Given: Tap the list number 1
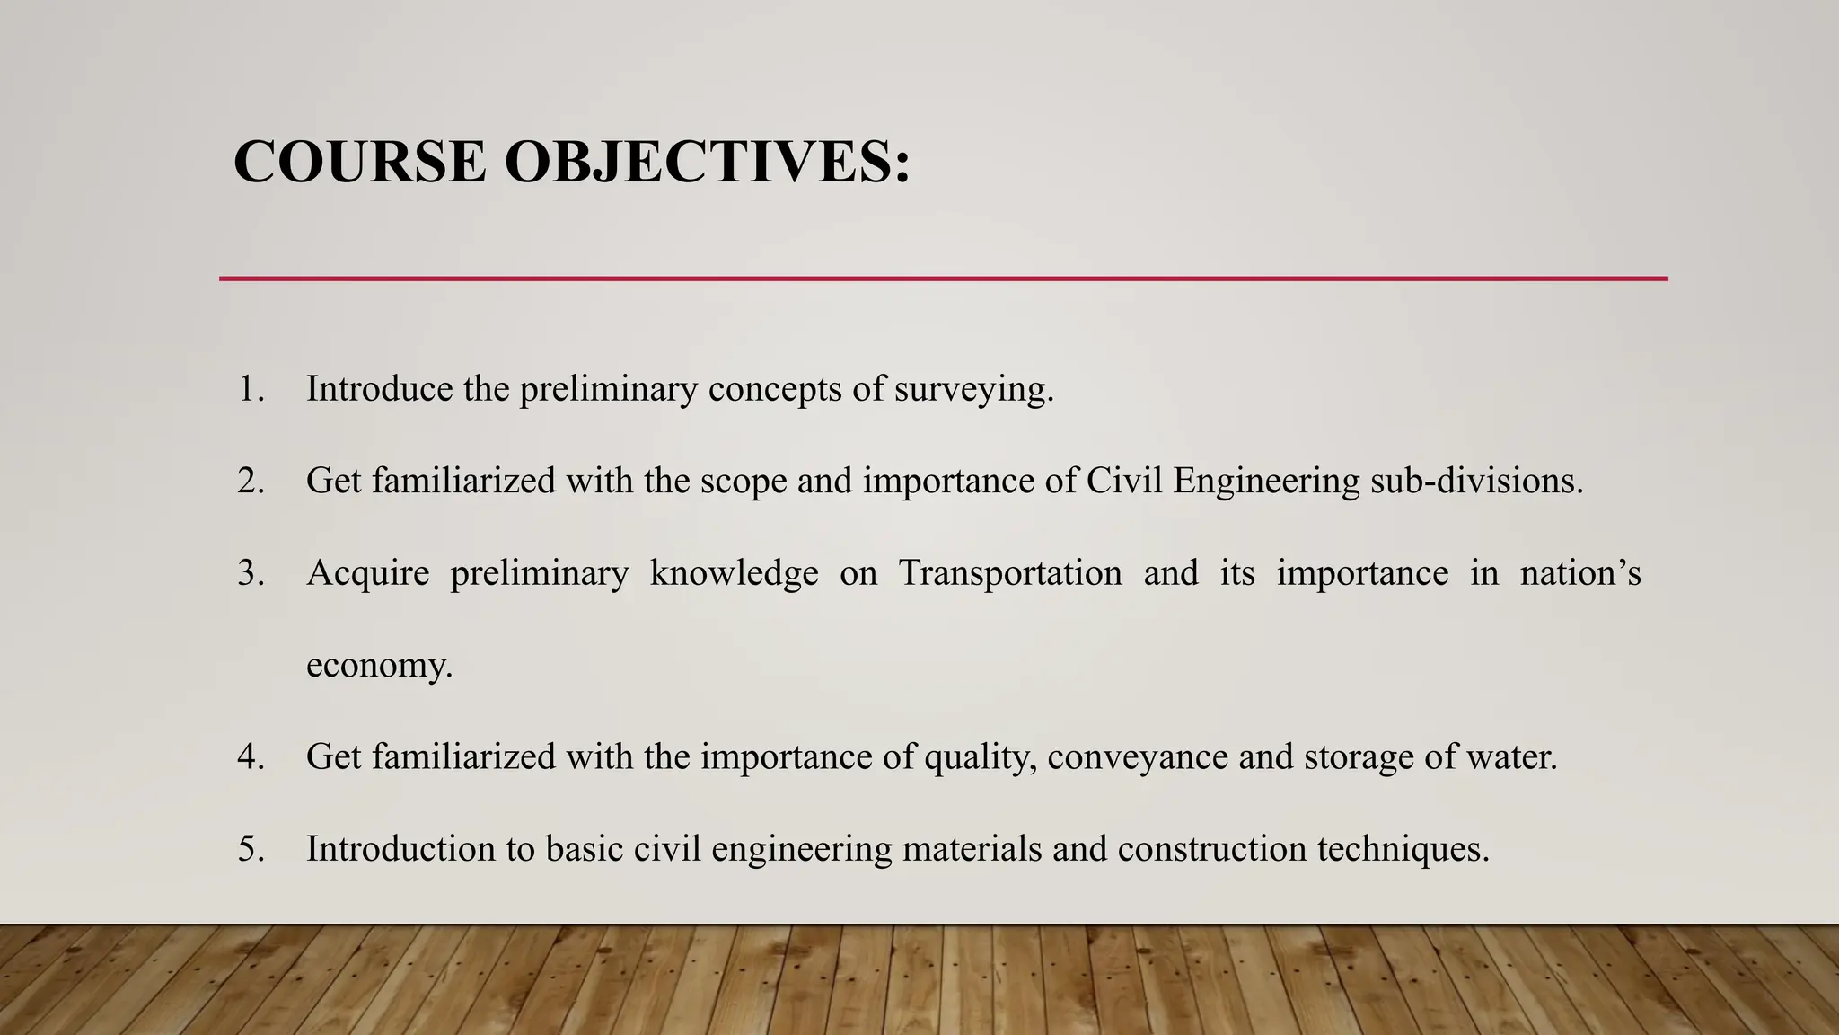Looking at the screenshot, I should point(251,389).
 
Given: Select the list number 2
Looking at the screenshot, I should point(251,481).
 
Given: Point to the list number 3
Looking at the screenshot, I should point(251,573).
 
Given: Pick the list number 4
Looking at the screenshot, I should point(251,756).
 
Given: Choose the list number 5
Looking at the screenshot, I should point(251,849).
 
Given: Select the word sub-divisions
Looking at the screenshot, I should point(1476,481).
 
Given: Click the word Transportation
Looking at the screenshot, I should point(1010,573).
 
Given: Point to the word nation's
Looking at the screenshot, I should point(1580,573).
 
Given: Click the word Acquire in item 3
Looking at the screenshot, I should point(368,574).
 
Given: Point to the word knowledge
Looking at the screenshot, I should point(734,573).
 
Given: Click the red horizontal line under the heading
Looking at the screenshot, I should point(943,279).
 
